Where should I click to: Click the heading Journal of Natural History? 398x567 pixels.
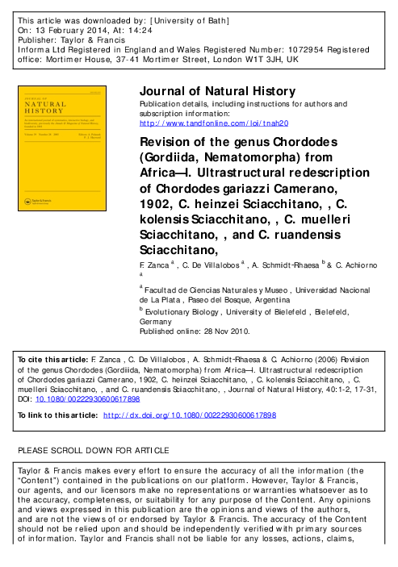click(217, 91)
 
